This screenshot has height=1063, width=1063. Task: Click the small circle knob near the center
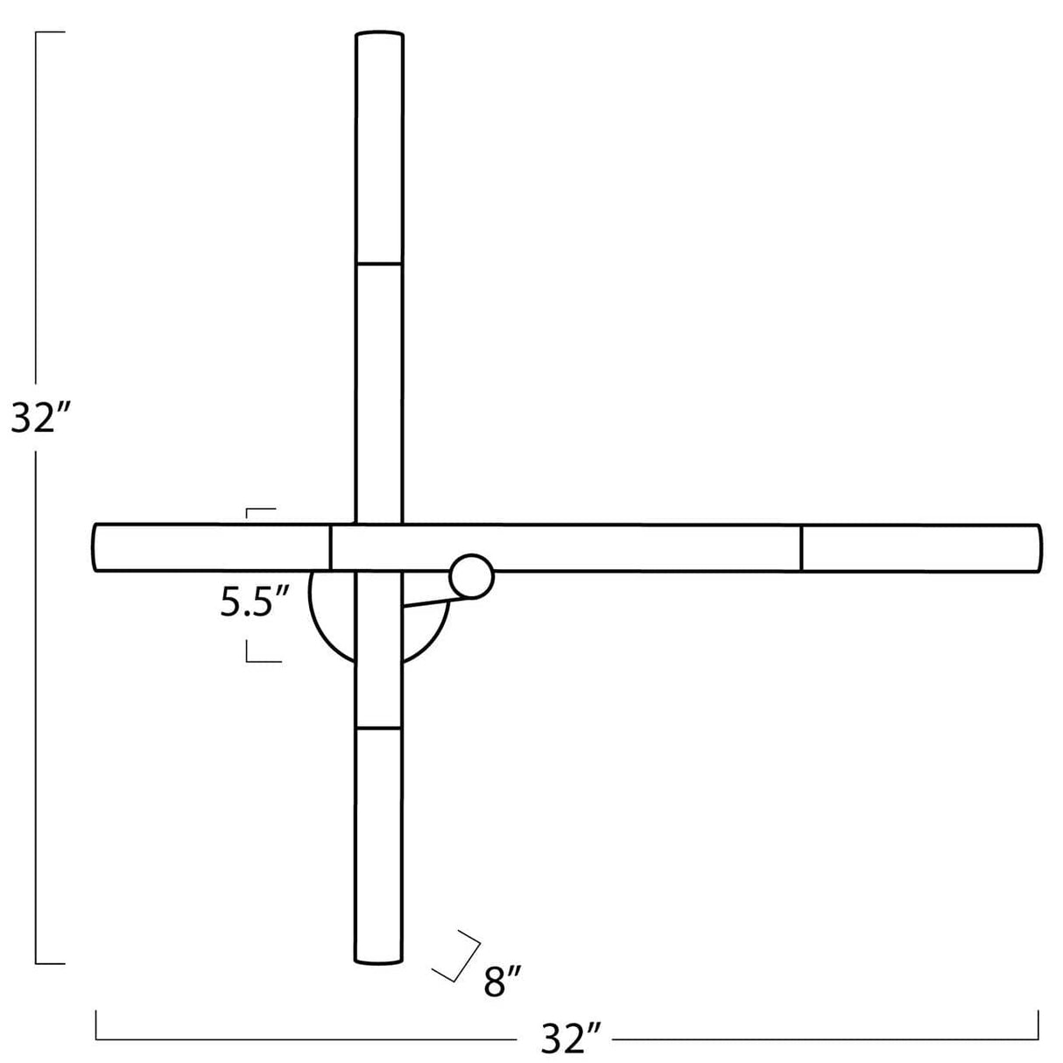click(472, 577)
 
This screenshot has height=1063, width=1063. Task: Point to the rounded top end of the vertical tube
click(379, 36)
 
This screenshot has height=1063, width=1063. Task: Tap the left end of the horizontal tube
click(95, 548)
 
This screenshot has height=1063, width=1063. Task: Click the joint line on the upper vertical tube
click(379, 263)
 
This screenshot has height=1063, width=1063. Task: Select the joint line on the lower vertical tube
click(378, 728)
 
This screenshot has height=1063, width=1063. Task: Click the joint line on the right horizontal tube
click(801, 548)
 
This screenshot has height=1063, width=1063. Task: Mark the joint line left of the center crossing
click(330, 548)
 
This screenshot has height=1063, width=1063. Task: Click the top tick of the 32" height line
click(49, 32)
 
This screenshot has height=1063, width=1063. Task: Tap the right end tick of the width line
click(1038, 1025)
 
